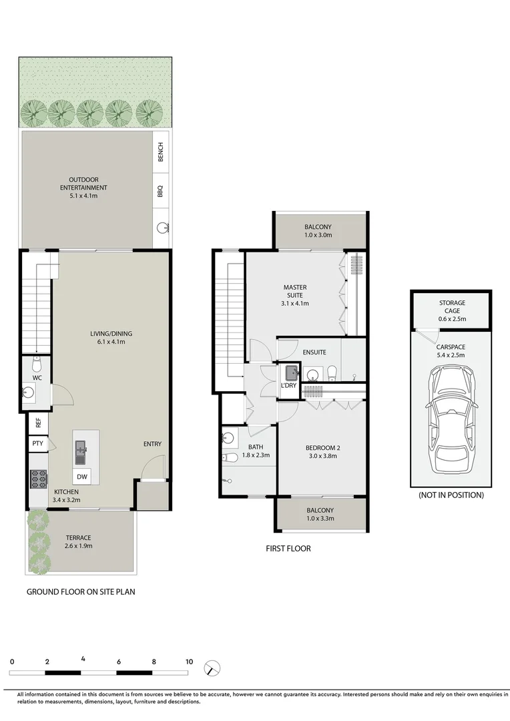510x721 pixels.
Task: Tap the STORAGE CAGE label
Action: tap(452, 307)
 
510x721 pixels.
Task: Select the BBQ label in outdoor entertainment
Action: tap(160, 191)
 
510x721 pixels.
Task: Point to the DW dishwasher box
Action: tap(82, 477)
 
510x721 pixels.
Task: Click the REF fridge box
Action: tap(38, 423)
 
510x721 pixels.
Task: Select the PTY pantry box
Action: tap(37, 443)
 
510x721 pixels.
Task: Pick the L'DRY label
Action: tap(288, 386)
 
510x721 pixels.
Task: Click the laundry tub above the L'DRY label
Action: tap(292, 373)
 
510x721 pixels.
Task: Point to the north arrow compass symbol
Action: tap(213, 668)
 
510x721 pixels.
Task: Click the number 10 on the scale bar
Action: tap(190, 662)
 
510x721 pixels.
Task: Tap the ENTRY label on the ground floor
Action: tap(152, 444)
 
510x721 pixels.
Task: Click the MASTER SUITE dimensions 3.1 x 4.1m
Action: tap(294, 303)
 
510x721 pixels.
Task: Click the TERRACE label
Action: tap(78, 537)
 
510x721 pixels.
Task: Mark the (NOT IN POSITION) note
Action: tap(451, 495)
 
